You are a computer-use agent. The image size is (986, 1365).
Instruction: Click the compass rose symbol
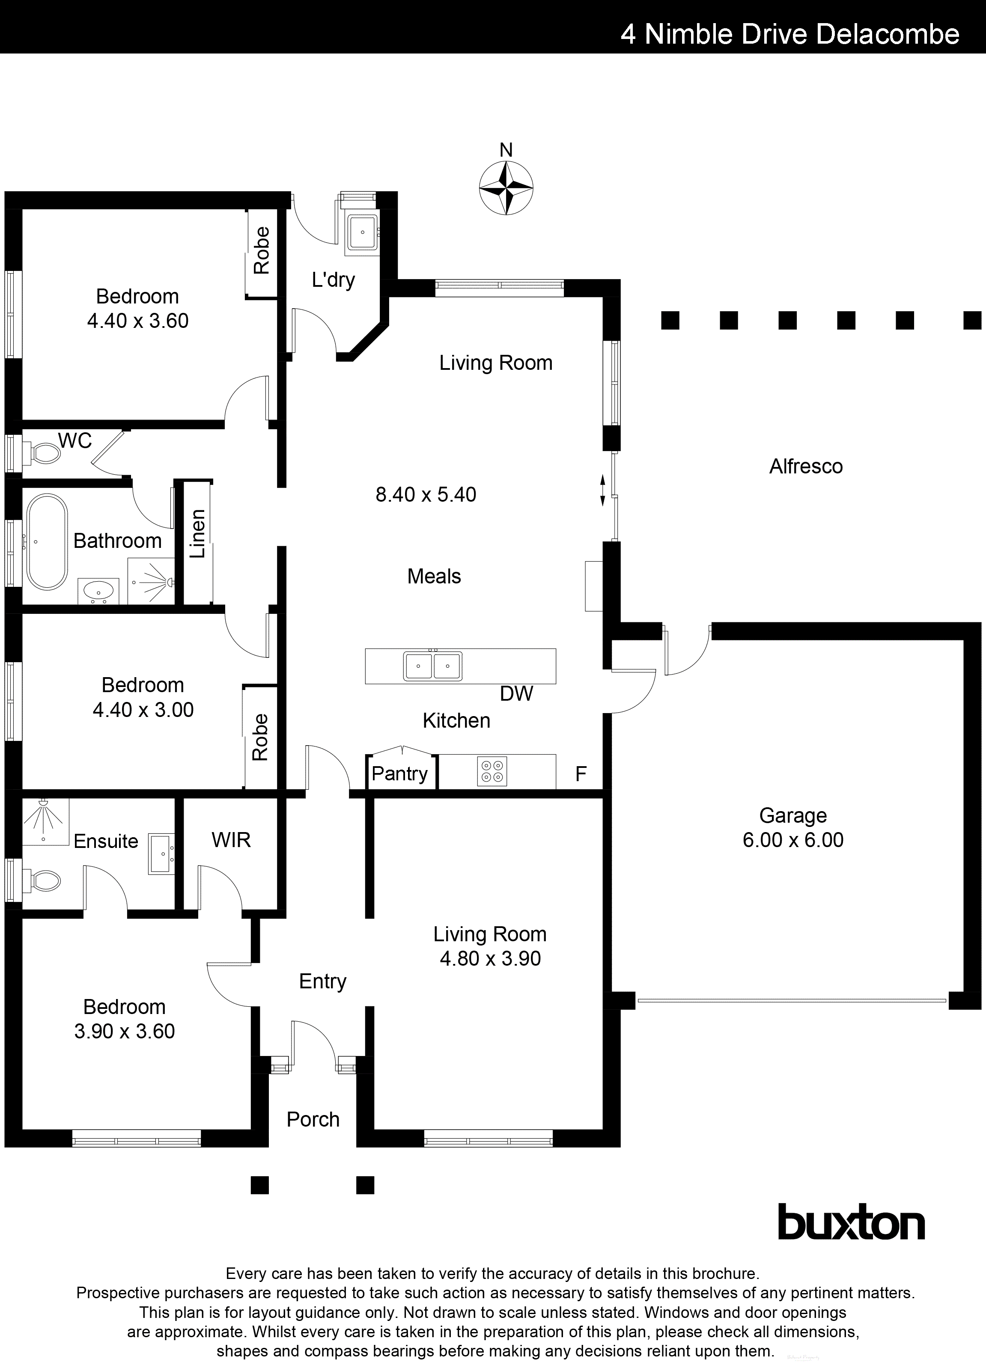(506, 188)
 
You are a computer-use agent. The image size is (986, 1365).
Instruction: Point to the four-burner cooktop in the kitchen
(492, 771)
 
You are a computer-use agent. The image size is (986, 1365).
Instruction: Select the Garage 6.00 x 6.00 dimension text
(793, 839)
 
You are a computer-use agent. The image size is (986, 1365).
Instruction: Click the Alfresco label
(805, 467)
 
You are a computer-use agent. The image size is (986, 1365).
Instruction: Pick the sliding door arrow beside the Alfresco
(602, 491)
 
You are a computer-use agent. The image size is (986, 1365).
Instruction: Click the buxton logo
(851, 1222)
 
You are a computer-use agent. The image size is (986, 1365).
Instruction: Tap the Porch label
(313, 1119)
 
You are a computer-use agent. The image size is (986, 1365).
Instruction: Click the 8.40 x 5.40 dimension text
(426, 495)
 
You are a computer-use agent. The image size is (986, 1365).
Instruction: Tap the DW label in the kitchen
(516, 694)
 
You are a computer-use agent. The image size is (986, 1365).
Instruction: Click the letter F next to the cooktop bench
(580, 774)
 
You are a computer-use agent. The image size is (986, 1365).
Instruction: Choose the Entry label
(323, 981)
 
